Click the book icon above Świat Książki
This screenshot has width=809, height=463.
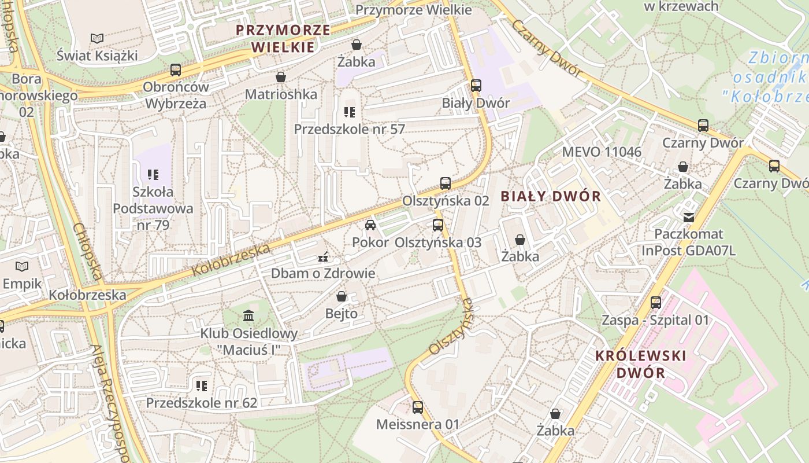[97, 39]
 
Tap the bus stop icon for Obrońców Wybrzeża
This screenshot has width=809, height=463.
[175, 70]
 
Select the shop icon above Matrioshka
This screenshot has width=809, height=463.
[281, 77]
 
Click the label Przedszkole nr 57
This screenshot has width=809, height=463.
[349, 128]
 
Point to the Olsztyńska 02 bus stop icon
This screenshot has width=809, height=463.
[445, 183]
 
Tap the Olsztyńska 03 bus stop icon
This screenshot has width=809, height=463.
[438, 225]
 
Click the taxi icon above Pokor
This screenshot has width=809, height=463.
[370, 225]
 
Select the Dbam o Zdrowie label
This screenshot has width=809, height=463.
[323, 273]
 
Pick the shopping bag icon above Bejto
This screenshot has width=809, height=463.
[342, 296]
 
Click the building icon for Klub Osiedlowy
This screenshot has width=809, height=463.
[248, 316]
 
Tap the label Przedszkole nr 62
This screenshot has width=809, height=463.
[201, 402]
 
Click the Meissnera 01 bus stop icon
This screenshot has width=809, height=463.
[418, 407]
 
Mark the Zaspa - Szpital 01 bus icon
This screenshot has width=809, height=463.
[655, 303]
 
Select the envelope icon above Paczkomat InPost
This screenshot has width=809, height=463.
[688, 218]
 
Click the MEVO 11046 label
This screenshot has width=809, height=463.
[602, 152]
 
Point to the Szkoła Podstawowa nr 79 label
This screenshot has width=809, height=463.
[153, 208]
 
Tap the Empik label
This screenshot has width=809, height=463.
[22, 284]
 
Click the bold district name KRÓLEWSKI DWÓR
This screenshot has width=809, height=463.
[640, 364]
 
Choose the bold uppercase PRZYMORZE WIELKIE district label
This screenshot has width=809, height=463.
[283, 38]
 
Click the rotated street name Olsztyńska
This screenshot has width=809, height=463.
[451, 326]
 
